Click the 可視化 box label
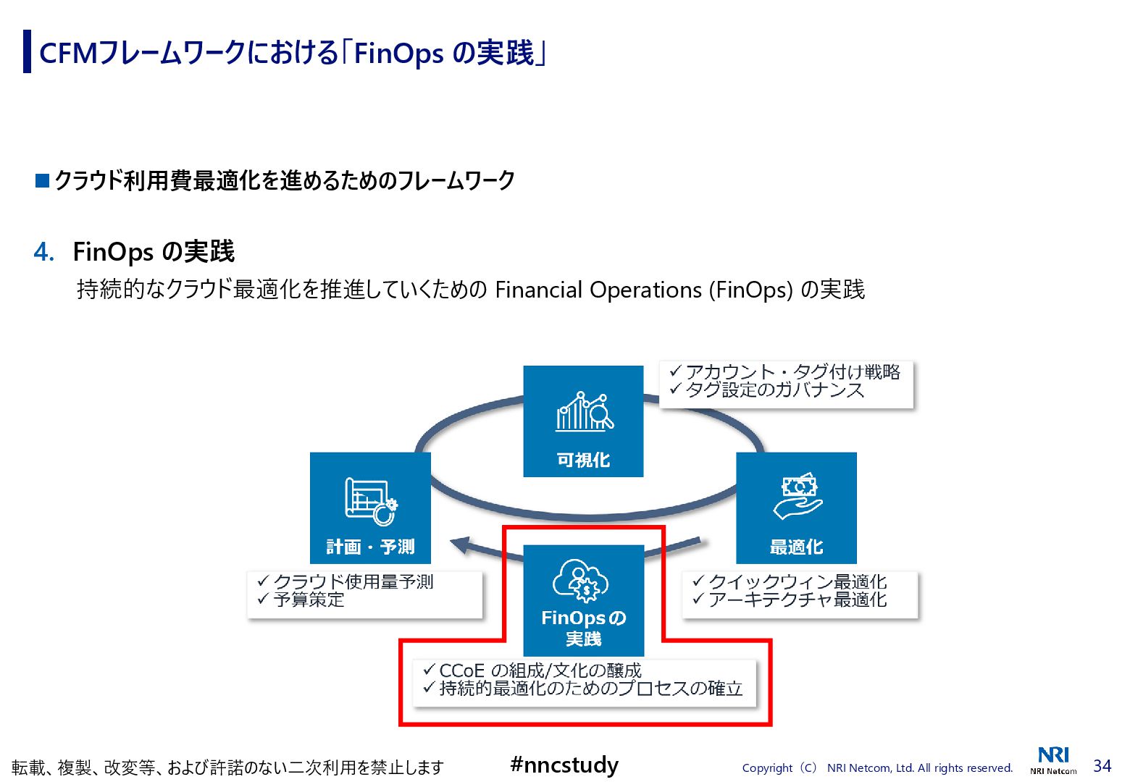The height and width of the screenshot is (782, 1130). coord(583,460)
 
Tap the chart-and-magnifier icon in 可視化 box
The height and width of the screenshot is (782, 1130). coord(584,412)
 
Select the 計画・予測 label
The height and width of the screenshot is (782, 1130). coord(370,547)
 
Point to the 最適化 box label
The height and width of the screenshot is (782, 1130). coord(796,547)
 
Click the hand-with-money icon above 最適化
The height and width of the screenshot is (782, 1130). coord(797,497)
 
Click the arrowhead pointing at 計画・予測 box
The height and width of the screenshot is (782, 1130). coord(460,545)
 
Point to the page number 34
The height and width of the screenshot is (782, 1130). coord(1102,765)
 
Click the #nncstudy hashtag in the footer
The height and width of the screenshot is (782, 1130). coord(564,765)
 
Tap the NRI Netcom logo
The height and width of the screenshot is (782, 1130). coord(1053,760)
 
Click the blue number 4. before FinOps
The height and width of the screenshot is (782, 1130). coord(43,252)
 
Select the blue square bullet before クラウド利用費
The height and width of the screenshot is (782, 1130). coord(42,180)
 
